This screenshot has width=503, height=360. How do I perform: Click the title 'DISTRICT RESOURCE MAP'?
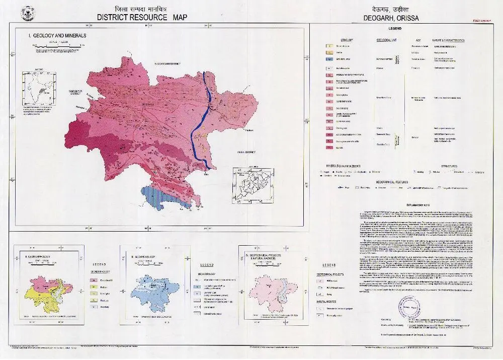(x=142, y=17)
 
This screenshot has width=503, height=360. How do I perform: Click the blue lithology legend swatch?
(x=330, y=58)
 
